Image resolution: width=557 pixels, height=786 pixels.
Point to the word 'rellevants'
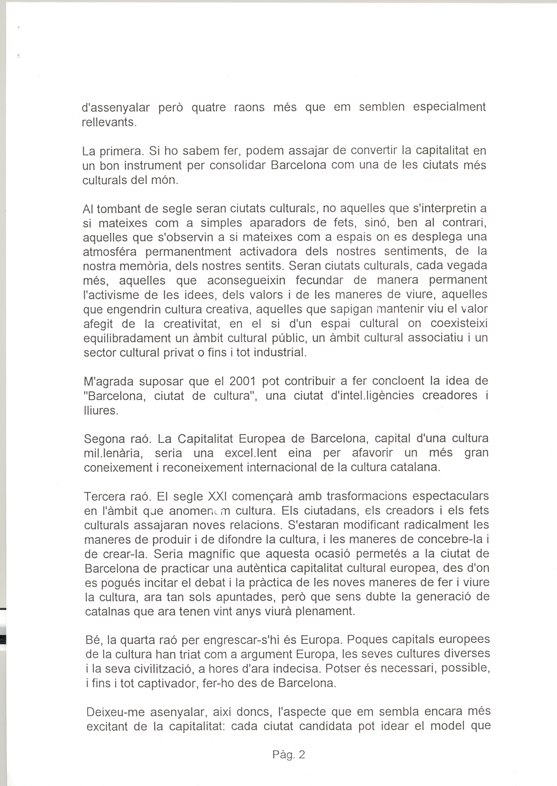(x=109, y=123)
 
